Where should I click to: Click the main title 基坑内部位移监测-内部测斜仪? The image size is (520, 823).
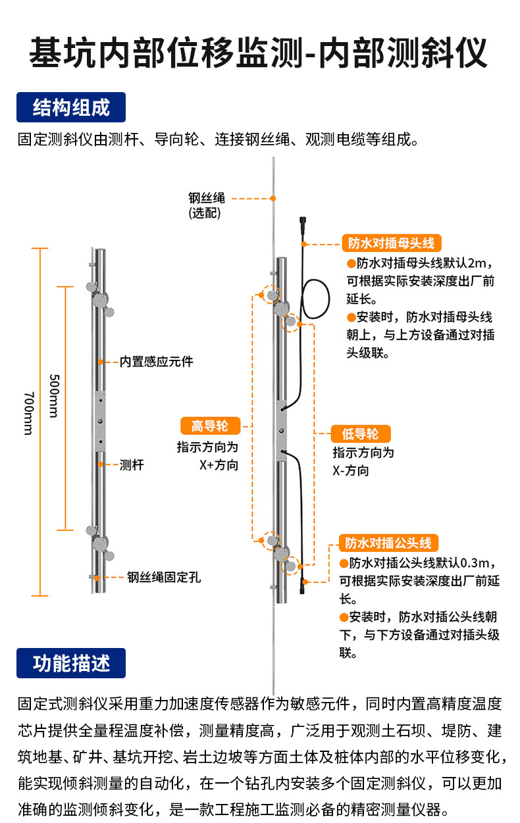[259, 53]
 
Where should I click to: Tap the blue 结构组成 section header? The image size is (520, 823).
[71, 107]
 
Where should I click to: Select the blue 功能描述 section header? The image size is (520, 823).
[71, 663]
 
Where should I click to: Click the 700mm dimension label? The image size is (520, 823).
[28, 413]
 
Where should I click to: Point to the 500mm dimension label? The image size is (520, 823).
[54, 396]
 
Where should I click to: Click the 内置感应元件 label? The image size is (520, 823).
[156, 362]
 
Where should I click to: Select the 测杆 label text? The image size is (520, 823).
[132, 464]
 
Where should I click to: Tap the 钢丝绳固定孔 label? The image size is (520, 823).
[164, 578]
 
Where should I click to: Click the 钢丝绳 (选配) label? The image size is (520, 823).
[207, 205]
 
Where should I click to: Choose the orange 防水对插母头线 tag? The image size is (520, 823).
[391, 243]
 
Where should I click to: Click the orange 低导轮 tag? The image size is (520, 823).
[360, 434]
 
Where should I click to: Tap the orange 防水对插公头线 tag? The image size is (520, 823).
[388, 543]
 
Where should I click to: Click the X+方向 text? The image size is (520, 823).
[219, 465]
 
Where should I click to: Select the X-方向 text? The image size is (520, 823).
[350, 471]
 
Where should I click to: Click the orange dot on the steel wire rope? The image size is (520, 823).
[273, 197]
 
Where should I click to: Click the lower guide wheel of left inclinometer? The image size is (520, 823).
[100, 541]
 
